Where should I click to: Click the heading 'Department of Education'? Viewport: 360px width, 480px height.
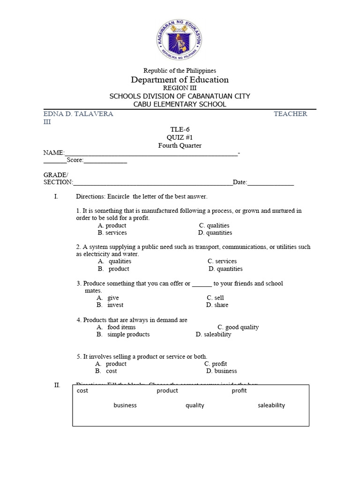point(180,80)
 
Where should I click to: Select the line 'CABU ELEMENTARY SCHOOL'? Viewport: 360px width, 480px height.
point(180,104)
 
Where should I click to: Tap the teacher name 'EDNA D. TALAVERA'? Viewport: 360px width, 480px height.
point(78,114)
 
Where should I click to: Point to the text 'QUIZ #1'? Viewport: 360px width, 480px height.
point(180,137)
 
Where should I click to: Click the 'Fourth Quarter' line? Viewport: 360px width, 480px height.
point(180,145)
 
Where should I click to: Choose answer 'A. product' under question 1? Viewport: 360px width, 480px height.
point(112,225)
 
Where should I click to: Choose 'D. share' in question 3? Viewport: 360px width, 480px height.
point(217,305)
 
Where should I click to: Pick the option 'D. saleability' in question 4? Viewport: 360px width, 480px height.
point(213,334)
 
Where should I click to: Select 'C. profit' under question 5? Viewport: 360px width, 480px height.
point(216,364)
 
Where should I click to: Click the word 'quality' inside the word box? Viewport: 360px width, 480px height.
point(195,405)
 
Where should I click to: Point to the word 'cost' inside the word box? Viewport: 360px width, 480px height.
point(82,390)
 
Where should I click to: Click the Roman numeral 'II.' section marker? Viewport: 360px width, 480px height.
point(57,385)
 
